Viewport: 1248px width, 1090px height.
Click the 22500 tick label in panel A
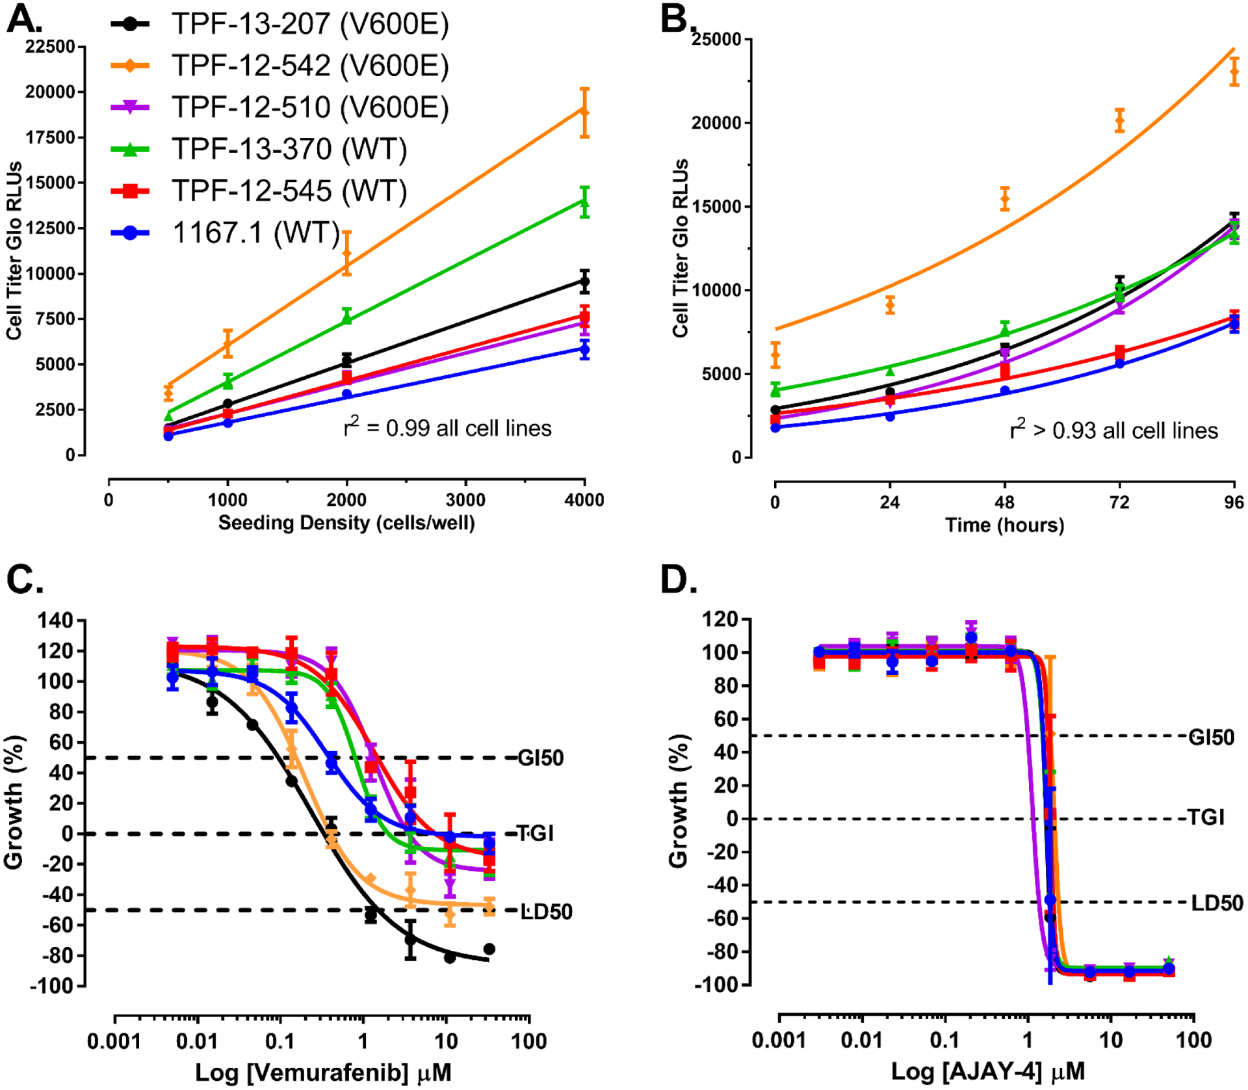[x=50, y=47]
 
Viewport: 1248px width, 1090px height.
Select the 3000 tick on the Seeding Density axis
[x=465, y=499]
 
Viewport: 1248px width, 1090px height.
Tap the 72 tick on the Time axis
[x=1119, y=502]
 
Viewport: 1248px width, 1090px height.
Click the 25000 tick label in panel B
[x=716, y=40]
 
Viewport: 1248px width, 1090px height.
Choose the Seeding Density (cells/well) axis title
[x=346, y=523]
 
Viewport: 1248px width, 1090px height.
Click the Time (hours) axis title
[x=1004, y=525]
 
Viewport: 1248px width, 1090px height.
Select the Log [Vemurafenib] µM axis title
[x=323, y=1072]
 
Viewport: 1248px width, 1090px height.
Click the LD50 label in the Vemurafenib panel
[x=547, y=912]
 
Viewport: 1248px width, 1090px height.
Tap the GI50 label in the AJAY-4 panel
[x=1211, y=738]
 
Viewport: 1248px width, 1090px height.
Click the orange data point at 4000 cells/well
[x=584, y=113]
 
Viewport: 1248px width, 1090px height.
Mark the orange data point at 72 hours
[x=1119, y=120]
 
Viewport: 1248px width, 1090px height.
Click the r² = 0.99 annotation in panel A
[x=447, y=427]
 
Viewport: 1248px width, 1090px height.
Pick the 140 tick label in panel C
[x=55, y=620]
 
